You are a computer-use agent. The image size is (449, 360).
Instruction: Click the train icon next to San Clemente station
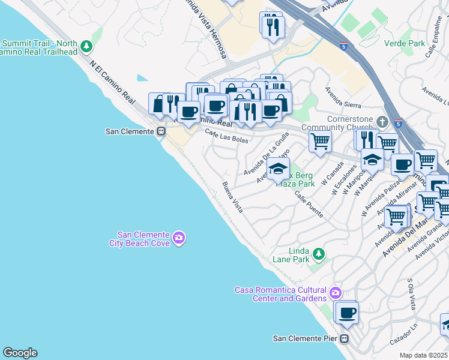161,131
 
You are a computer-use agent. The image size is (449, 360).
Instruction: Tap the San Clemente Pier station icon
344,338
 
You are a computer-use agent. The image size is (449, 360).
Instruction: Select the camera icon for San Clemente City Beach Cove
178,239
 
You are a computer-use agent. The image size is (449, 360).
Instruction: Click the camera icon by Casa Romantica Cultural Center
335,293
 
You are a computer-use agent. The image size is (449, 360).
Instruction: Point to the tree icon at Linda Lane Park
319,254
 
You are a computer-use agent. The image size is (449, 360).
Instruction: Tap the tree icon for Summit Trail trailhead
87,46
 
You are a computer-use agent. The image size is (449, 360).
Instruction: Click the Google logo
20,353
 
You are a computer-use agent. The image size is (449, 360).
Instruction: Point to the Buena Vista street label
232,197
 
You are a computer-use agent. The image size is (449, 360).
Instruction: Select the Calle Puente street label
309,205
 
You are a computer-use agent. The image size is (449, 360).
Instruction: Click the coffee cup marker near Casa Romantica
346,312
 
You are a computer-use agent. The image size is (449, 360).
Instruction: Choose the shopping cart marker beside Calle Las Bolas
320,142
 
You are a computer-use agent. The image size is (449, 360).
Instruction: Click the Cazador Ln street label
403,340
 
